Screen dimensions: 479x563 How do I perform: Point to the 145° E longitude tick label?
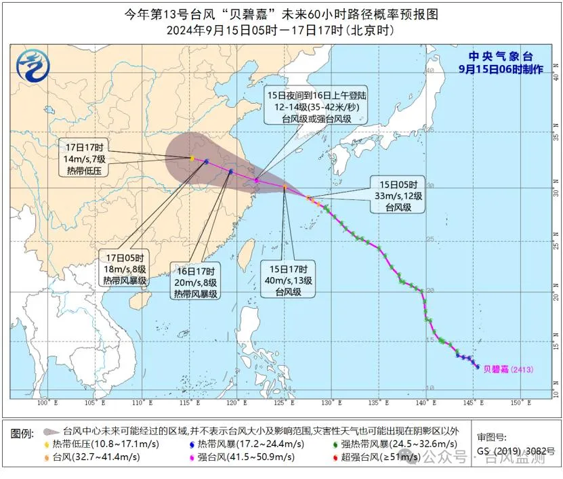coord(474,404)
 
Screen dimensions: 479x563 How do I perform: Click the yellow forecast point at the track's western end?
coord(192,159)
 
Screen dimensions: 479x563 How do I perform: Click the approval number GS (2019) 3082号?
coord(516,451)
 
